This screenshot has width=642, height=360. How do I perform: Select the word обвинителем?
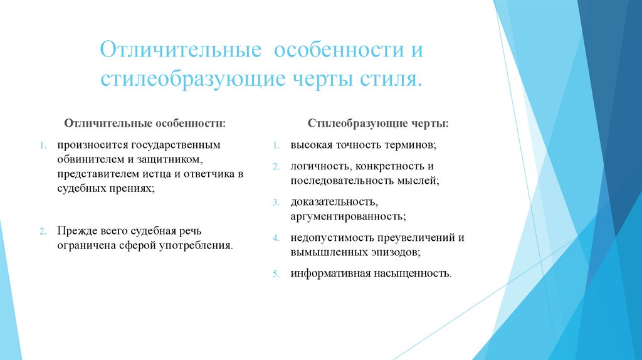(x=87, y=159)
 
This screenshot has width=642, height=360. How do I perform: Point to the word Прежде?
(x=74, y=230)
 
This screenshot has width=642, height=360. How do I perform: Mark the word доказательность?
(x=332, y=202)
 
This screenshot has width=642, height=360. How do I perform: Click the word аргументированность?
(x=347, y=216)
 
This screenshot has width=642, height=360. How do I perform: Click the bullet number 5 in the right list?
(x=275, y=274)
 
